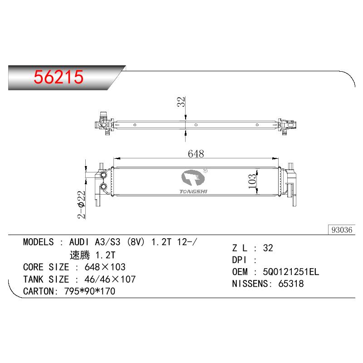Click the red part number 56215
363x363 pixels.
[59, 77]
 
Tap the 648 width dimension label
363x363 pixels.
[196, 154]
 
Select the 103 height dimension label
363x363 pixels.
[252, 181]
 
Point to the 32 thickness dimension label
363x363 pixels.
[181, 102]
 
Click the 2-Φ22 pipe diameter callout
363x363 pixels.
[81, 205]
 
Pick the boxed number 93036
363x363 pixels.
[342, 230]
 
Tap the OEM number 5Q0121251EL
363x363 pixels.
[291, 272]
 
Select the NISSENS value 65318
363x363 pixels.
[291, 284]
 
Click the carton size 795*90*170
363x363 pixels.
[90, 291]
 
